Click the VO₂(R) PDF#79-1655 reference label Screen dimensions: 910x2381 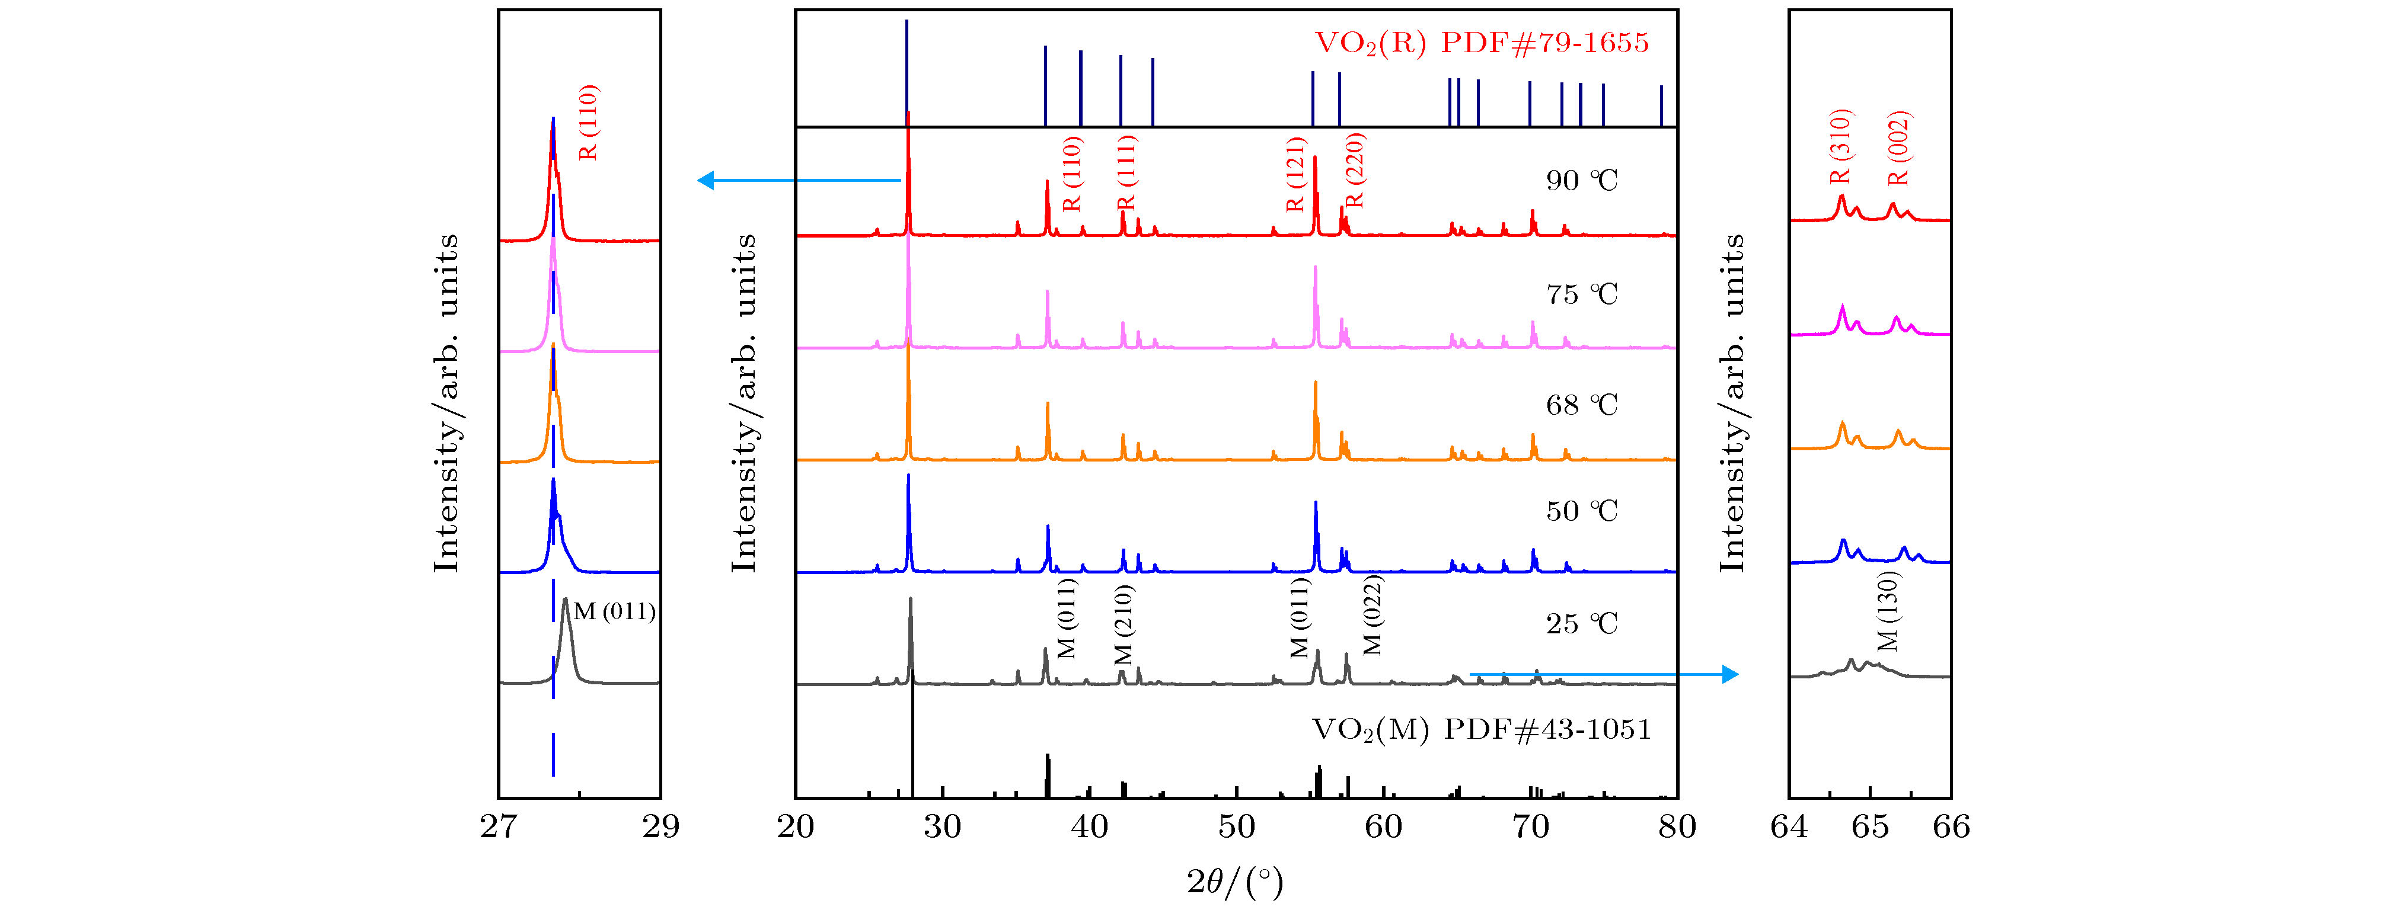tap(1481, 43)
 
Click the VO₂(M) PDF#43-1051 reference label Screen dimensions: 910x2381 tap(1481, 730)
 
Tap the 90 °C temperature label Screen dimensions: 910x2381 tap(1581, 180)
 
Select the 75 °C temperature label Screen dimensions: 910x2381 tap(1581, 294)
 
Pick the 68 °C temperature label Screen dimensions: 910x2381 tap(1581, 405)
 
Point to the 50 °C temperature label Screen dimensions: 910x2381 tap(1581, 511)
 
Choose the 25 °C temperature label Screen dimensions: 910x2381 tap(1581, 624)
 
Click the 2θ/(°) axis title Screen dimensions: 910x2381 tap(1235, 882)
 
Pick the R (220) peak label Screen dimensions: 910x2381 tap(1355, 171)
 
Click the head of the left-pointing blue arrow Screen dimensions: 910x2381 tap(706, 180)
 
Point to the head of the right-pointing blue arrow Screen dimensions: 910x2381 tap(1730, 674)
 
